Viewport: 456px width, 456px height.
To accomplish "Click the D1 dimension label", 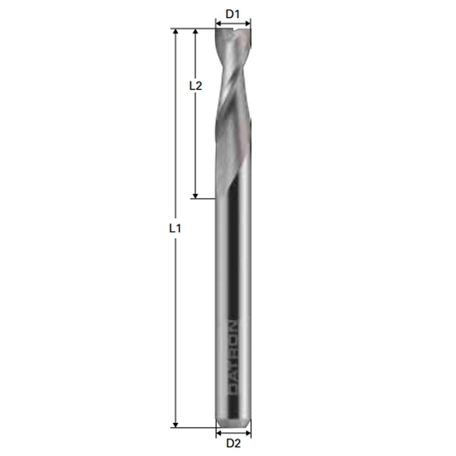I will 233,14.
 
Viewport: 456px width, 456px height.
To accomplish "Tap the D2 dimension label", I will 233,443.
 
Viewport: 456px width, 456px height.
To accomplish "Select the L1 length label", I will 175,228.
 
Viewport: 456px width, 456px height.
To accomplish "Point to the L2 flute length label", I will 195,85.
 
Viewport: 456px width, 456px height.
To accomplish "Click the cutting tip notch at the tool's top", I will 234,32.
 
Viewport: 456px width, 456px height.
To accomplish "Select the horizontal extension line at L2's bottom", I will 203,198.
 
